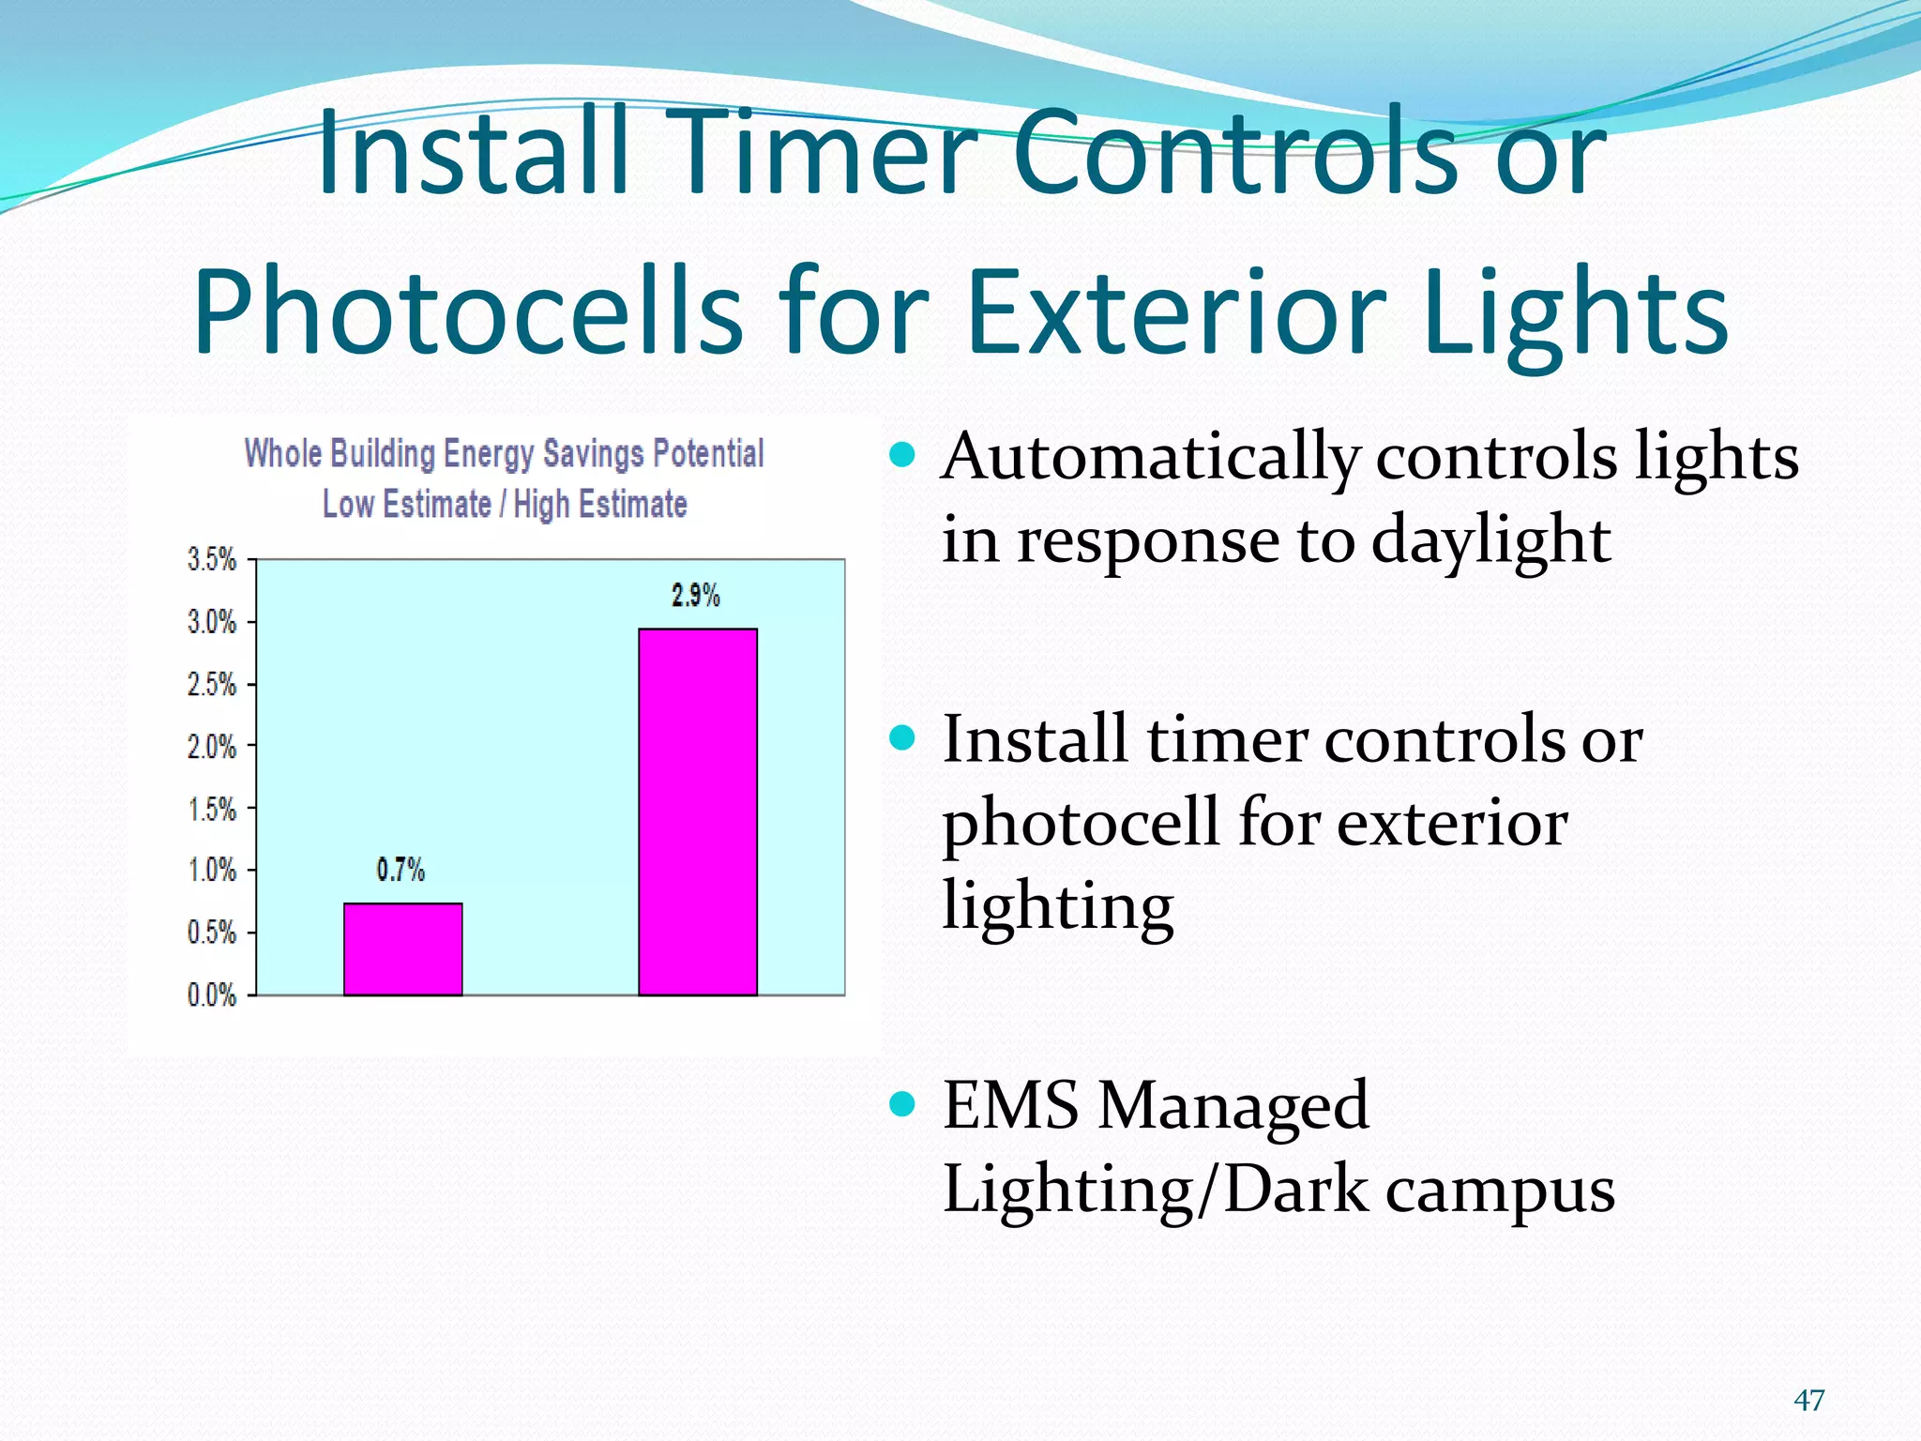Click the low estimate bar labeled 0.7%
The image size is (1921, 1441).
click(402, 948)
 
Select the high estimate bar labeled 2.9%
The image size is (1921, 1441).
click(697, 812)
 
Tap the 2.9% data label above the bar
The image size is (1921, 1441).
click(695, 596)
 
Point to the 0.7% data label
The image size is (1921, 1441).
click(401, 871)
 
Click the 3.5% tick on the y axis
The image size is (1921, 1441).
click(212, 560)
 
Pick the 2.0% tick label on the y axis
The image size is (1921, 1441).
click(212, 748)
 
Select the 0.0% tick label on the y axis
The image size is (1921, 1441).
click(212, 995)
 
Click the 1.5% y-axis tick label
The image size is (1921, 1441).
click(212, 810)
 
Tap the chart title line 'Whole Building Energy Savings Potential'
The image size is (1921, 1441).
click(504, 453)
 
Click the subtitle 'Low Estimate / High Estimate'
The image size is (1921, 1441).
click(504, 504)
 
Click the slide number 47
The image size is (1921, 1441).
click(1808, 1401)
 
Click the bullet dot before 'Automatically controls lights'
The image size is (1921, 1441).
click(901, 456)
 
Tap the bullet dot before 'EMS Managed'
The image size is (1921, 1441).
click(901, 1104)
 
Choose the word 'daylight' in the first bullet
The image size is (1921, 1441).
click(1490, 541)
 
